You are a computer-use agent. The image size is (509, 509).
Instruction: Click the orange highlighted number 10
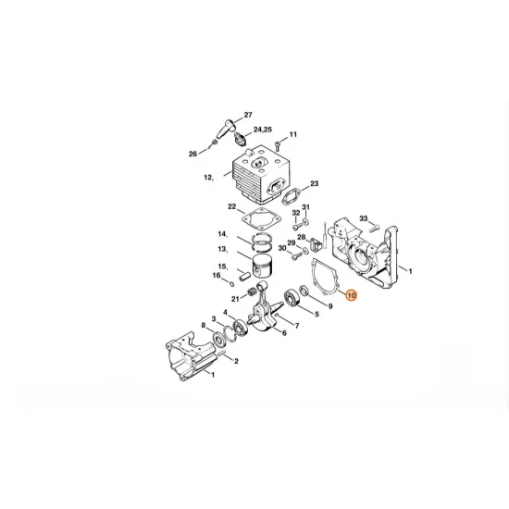350,296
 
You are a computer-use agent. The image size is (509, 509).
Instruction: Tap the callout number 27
248,115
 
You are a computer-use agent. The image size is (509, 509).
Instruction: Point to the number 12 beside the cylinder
208,176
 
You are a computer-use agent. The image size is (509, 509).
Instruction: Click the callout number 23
315,184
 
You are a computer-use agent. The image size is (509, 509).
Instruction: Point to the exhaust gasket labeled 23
292,197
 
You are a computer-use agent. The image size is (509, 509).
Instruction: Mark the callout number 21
236,297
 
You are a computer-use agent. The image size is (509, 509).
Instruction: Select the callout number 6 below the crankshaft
283,333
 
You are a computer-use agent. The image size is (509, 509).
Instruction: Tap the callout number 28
302,237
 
